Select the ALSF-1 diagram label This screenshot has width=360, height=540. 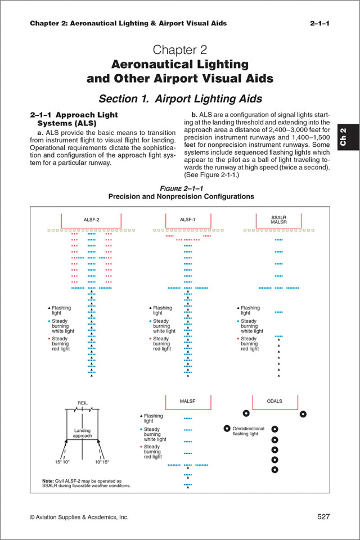tap(186, 219)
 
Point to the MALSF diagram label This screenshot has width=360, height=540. tap(187, 402)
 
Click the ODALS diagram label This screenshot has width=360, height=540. tap(275, 401)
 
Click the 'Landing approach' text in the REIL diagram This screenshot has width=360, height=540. tap(82, 433)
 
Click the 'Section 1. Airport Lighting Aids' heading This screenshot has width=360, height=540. tap(180, 98)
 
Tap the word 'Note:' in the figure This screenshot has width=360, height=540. tap(48, 481)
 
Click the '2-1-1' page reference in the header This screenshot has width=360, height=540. tap(319, 23)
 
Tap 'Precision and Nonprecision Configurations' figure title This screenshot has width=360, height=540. tap(180, 197)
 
